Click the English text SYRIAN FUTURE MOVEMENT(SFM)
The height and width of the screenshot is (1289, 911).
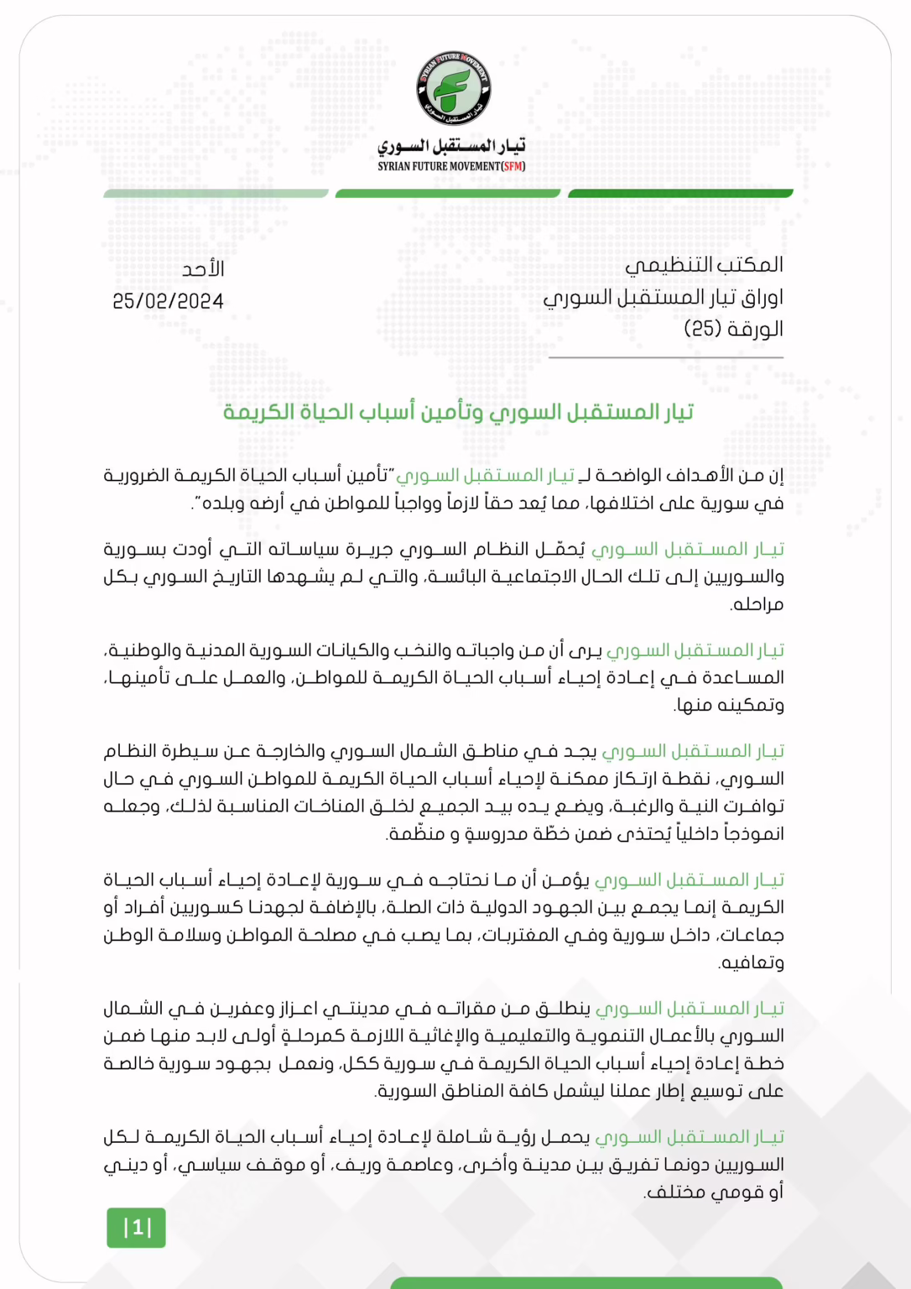[451, 166]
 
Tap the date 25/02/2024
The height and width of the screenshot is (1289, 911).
[168, 301]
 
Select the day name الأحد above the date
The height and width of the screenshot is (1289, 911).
[203, 269]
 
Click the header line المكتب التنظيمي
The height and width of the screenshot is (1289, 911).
[704, 265]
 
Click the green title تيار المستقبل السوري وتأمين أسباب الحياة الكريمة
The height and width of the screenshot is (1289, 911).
[458, 412]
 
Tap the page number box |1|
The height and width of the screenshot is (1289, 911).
[136, 1228]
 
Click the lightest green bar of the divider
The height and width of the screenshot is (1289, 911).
[216, 194]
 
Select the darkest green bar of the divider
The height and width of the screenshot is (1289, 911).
[680, 194]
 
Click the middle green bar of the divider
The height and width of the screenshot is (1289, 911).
[447, 194]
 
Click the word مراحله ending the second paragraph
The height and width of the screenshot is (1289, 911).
[757, 604]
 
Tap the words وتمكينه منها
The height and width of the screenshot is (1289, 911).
[730, 706]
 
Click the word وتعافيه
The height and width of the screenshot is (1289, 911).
[752, 963]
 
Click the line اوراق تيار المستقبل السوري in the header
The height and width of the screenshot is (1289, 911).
[664, 297]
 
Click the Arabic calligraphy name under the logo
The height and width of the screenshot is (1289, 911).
[451, 146]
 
